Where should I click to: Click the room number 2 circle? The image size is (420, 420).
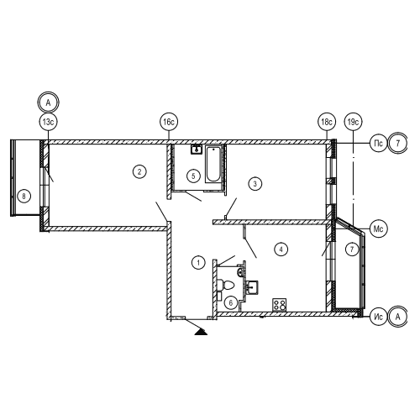pyautogui.click(x=139, y=171)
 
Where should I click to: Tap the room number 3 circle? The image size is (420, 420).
pyautogui.click(x=255, y=184)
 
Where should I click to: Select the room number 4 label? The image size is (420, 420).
pyautogui.click(x=281, y=249)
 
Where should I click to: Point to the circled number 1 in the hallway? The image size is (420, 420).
pyautogui.click(x=198, y=263)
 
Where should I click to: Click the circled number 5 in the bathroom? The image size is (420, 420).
pyautogui.click(x=193, y=176)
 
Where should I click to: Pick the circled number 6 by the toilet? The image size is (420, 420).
pyautogui.click(x=231, y=302)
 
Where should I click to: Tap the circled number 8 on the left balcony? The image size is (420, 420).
pyautogui.click(x=24, y=196)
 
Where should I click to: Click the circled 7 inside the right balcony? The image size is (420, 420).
pyautogui.click(x=352, y=249)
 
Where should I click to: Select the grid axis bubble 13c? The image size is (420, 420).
pyautogui.click(x=48, y=122)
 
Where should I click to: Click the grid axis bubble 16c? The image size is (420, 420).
pyautogui.click(x=169, y=122)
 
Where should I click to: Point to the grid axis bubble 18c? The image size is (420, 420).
pyautogui.click(x=327, y=122)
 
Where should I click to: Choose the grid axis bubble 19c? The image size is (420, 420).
pyautogui.click(x=353, y=122)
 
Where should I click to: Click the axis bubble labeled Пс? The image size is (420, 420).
pyautogui.click(x=378, y=143)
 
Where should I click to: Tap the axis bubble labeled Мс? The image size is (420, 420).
pyautogui.click(x=378, y=228)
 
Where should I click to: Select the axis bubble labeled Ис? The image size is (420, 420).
pyautogui.click(x=378, y=317)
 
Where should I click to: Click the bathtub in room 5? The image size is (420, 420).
pyautogui.click(x=213, y=164)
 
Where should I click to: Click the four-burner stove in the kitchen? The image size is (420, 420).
pyautogui.click(x=280, y=305)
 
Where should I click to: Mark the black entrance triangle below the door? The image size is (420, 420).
pyautogui.click(x=201, y=332)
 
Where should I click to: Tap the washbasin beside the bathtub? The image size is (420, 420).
pyautogui.click(x=197, y=150)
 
